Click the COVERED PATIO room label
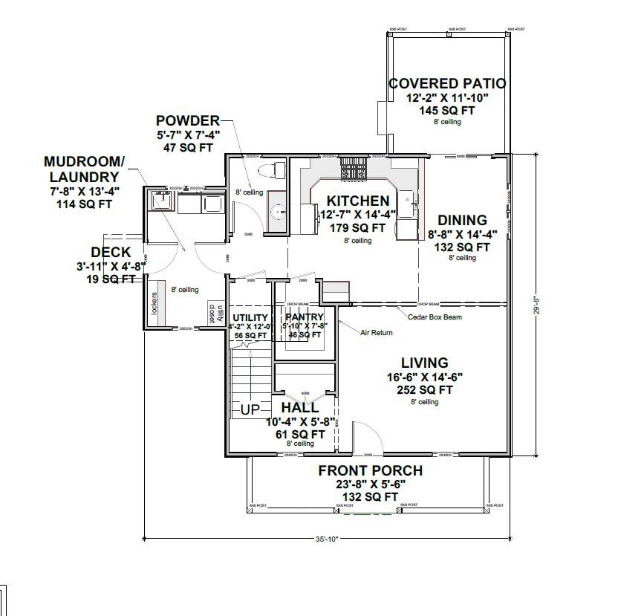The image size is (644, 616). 447,83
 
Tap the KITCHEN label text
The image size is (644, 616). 357,201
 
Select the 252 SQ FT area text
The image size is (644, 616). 424,389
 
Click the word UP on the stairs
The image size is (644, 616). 250,409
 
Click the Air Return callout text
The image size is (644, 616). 377,332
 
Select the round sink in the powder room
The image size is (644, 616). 277,212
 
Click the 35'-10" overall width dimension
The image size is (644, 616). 326,539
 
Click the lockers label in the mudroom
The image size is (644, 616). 155,305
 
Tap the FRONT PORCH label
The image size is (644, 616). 370,470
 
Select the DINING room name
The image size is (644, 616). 462,220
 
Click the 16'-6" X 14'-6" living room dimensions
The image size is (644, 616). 424,377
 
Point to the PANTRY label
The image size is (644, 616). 305,317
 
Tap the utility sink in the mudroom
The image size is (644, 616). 160,200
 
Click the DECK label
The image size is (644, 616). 111,253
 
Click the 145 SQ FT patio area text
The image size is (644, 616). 446,110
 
